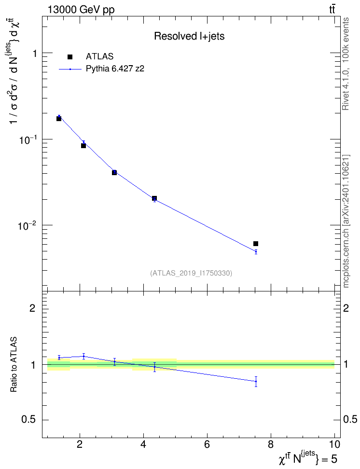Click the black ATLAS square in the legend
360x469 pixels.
[x=69, y=57]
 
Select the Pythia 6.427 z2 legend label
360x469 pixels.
[x=115, y=69]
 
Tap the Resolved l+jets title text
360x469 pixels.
[x=189, y=36]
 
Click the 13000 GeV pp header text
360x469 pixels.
[x=81, y=10]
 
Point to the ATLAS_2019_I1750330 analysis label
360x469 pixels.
[x=191, y=273]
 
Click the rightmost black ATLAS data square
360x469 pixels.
[x=256, y=244]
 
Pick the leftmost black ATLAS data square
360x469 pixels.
[x=59, y=119]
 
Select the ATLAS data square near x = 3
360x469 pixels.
[x=114, y=173]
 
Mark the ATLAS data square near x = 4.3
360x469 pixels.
[x=154, y=198]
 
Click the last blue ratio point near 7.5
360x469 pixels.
[x=256, y=381]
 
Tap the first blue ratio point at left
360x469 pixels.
[x=59, y=358]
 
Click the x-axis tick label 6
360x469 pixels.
[x=207, y=444]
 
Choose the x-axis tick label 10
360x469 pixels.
[x=334, y=444]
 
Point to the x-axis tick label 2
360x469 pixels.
[x=80, y=444]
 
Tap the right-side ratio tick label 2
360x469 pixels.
[x=346, y=308]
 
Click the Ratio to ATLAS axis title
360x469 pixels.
[x=14, y=364]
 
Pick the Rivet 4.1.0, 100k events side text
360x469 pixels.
[x=346, y=64]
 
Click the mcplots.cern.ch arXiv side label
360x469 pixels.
[x=346, y=221]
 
